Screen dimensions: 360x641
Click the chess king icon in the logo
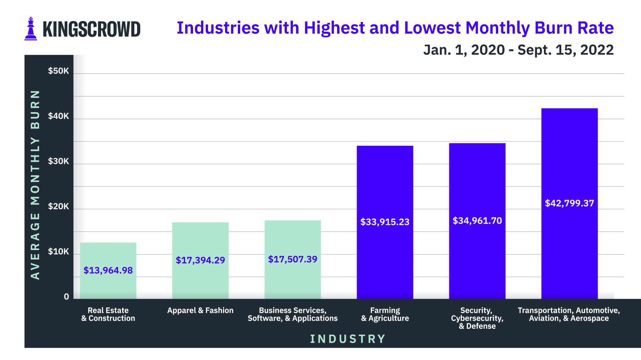[x=30, y=29]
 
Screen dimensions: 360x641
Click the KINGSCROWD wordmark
[x=91, y=30]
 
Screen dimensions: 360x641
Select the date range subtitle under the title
[x=518, y=50]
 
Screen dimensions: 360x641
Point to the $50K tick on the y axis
[x=58, y=71]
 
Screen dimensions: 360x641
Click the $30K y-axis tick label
[x=58, y=161]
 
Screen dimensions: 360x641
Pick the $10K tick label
[x=58, y=252]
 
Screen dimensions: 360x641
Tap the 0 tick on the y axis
[x=66, y=297]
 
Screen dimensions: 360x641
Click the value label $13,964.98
[x=108, y=270]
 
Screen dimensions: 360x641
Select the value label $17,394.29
[x=200, y=260]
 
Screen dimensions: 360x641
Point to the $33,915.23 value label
[x=385, y=222]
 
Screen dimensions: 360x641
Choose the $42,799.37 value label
[x=569, y=203]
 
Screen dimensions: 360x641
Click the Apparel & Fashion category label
[x=200, y=311]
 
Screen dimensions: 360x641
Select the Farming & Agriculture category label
[x=385, y=314]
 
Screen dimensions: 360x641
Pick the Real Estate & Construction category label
[x=108, y=314]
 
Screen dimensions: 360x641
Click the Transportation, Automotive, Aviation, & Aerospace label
[x=569, y=314]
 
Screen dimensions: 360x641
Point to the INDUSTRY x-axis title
[x=348, y=339]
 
